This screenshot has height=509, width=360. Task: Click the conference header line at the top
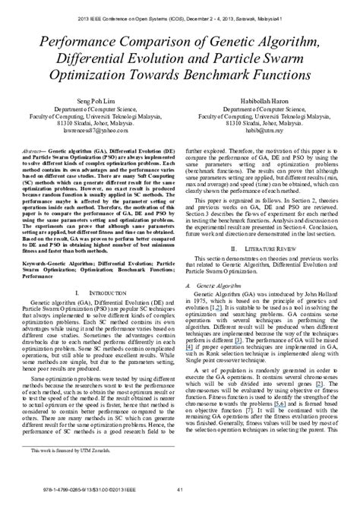[x=179, y=16]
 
